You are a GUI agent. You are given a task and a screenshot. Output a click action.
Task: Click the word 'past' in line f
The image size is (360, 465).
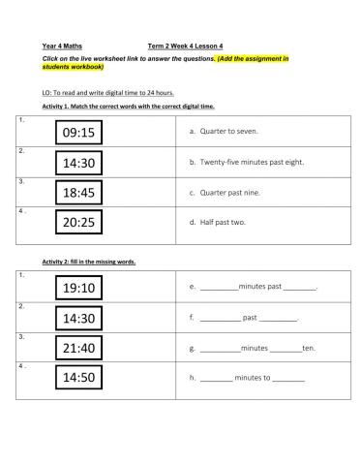click(x=249, y=317)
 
